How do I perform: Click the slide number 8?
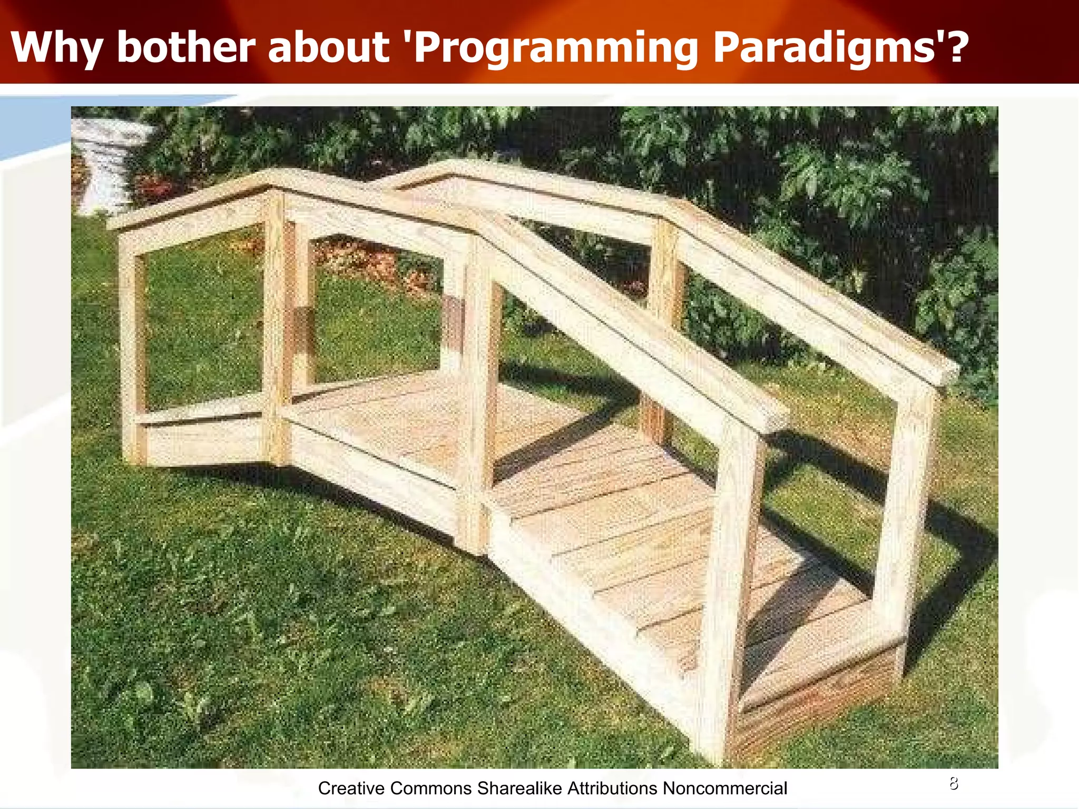click(954, 784)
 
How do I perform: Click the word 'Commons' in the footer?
click(431, 788)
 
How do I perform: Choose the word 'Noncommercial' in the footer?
click(725, 788)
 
